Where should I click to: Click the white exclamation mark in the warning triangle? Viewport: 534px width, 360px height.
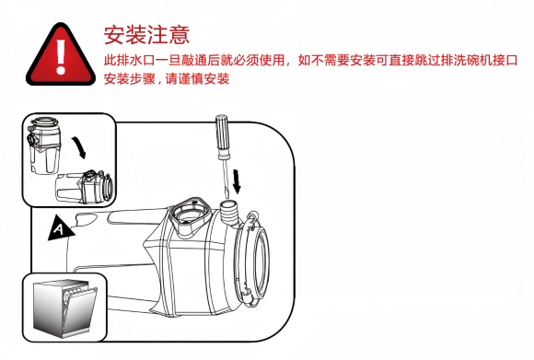(61, 56)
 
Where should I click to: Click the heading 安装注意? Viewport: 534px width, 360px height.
(146, 35)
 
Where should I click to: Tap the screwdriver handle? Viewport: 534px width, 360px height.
(222, 135)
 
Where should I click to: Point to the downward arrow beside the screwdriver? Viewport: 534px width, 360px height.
(237, 181)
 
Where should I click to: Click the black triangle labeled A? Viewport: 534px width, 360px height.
(60, 228)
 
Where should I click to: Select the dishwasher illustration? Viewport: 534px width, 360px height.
(64, 308)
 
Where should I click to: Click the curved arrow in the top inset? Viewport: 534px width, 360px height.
(79, 147)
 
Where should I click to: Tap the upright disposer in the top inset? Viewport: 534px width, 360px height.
(43, 145)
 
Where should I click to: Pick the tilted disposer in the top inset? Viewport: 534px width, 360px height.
(85, 187)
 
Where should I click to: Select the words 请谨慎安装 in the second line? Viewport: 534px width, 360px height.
(198, 79)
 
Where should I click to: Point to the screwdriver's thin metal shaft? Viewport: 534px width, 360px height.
(226, 178)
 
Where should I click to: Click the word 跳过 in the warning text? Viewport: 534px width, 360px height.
(427, 60)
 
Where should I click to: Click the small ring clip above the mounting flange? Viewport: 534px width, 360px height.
(252, 216)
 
